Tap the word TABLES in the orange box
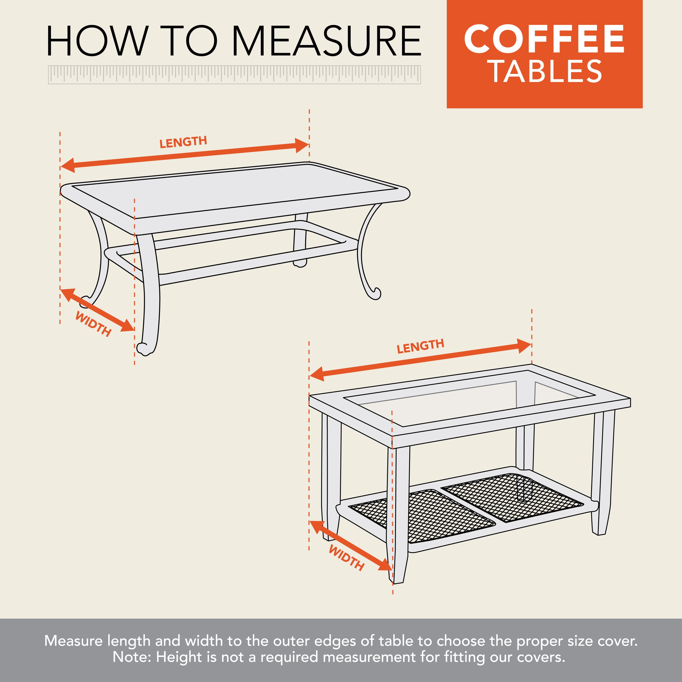pos(546,72)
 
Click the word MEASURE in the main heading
pos(327,41)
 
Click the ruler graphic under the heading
pos(234,75)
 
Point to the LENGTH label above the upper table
pos(183,142)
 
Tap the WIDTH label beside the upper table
pos(93,324)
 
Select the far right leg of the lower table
pos(602,473)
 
